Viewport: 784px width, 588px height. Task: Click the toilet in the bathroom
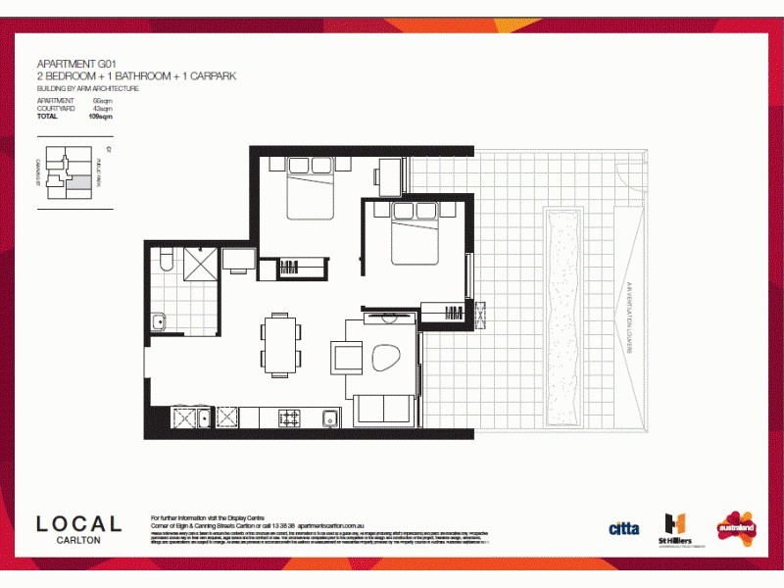pyautogui.click(x=165, y=260)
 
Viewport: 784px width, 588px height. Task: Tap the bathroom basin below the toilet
pyautogui.click(x=158, y=321)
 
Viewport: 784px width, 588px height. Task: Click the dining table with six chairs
pyautogui.click(x=278, y=345)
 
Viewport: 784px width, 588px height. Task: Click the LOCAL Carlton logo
pyautogui.click(x=79, y=527)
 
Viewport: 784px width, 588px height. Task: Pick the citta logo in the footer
pyautogui.click(x=624, y=528)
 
